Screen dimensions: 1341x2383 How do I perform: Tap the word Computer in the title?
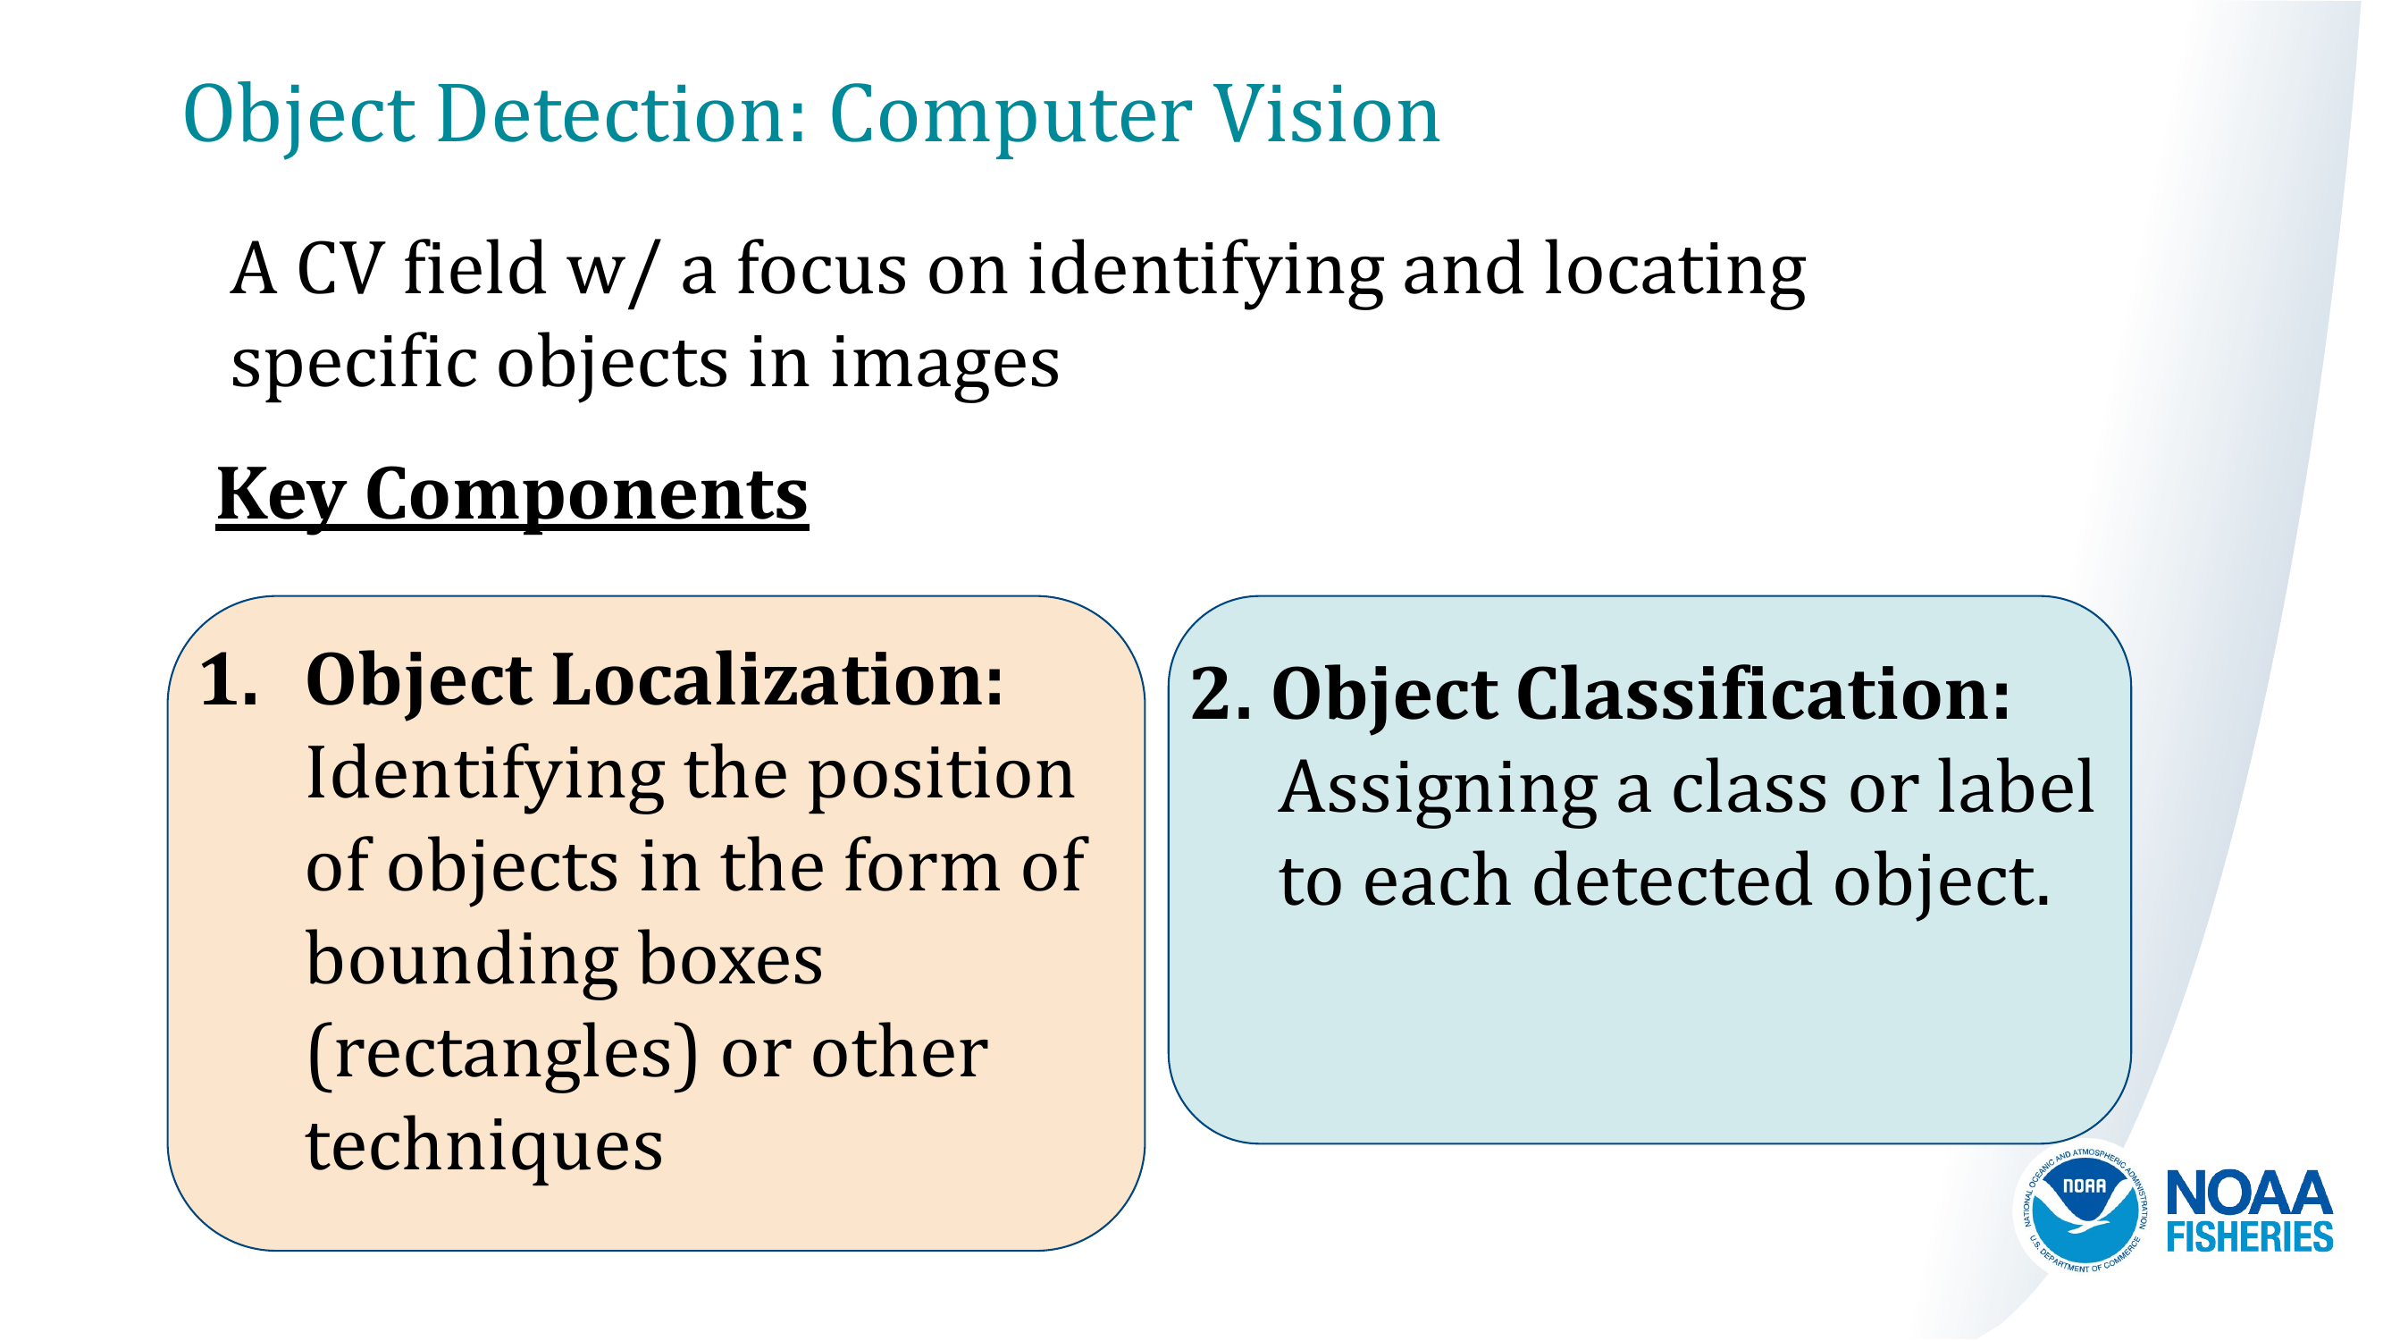coord(1011,115)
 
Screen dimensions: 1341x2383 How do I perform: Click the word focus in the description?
coord(821,269)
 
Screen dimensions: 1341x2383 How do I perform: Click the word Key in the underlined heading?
coord(281,495)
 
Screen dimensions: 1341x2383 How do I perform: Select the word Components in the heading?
coord(586,495)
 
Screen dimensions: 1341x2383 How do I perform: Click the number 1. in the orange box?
coord(229,680)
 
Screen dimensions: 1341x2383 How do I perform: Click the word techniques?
coord(483,1146)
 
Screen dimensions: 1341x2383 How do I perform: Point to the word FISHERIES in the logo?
coord(2249,1237)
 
